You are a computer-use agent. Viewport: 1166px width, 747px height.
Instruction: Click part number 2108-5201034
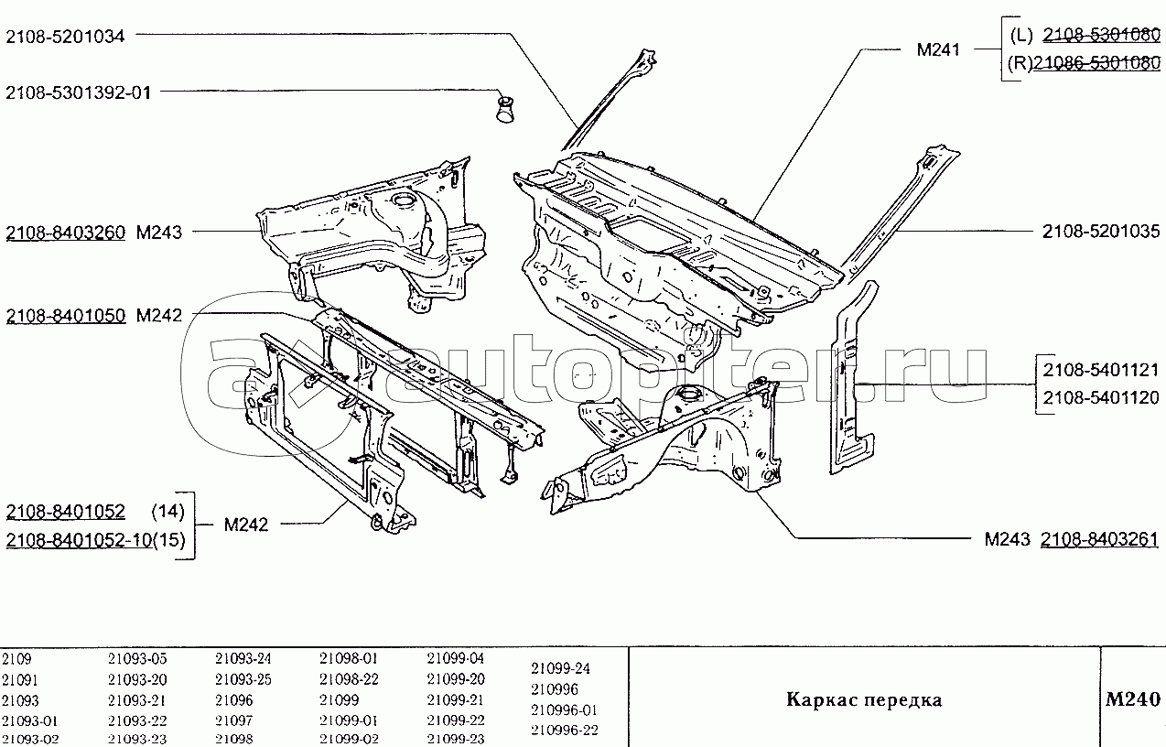65,37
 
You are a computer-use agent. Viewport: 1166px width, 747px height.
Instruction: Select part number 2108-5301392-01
79,92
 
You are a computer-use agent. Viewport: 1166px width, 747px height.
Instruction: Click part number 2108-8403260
65,233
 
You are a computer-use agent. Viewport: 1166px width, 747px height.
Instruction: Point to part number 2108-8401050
65,317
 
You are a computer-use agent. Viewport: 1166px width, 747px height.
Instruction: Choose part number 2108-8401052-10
78,540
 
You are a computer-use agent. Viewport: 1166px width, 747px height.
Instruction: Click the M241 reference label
938,50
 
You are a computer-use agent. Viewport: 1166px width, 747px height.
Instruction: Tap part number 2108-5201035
1101,233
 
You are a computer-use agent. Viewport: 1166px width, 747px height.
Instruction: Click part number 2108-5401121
1101,370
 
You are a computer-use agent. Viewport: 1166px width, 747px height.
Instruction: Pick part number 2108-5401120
1101,397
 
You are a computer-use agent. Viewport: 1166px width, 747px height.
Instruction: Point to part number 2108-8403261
1100,540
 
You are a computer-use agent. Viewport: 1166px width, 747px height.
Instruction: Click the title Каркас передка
864,700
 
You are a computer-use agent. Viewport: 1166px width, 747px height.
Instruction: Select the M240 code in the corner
1133,700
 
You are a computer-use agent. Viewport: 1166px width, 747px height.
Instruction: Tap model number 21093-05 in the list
137,658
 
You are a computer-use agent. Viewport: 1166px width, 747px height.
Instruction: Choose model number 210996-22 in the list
565,730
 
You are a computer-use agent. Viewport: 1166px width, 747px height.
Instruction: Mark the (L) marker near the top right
1022,36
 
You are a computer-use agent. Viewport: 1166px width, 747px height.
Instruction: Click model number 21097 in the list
233,720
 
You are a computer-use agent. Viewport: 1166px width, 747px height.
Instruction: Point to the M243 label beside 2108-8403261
1008,540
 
